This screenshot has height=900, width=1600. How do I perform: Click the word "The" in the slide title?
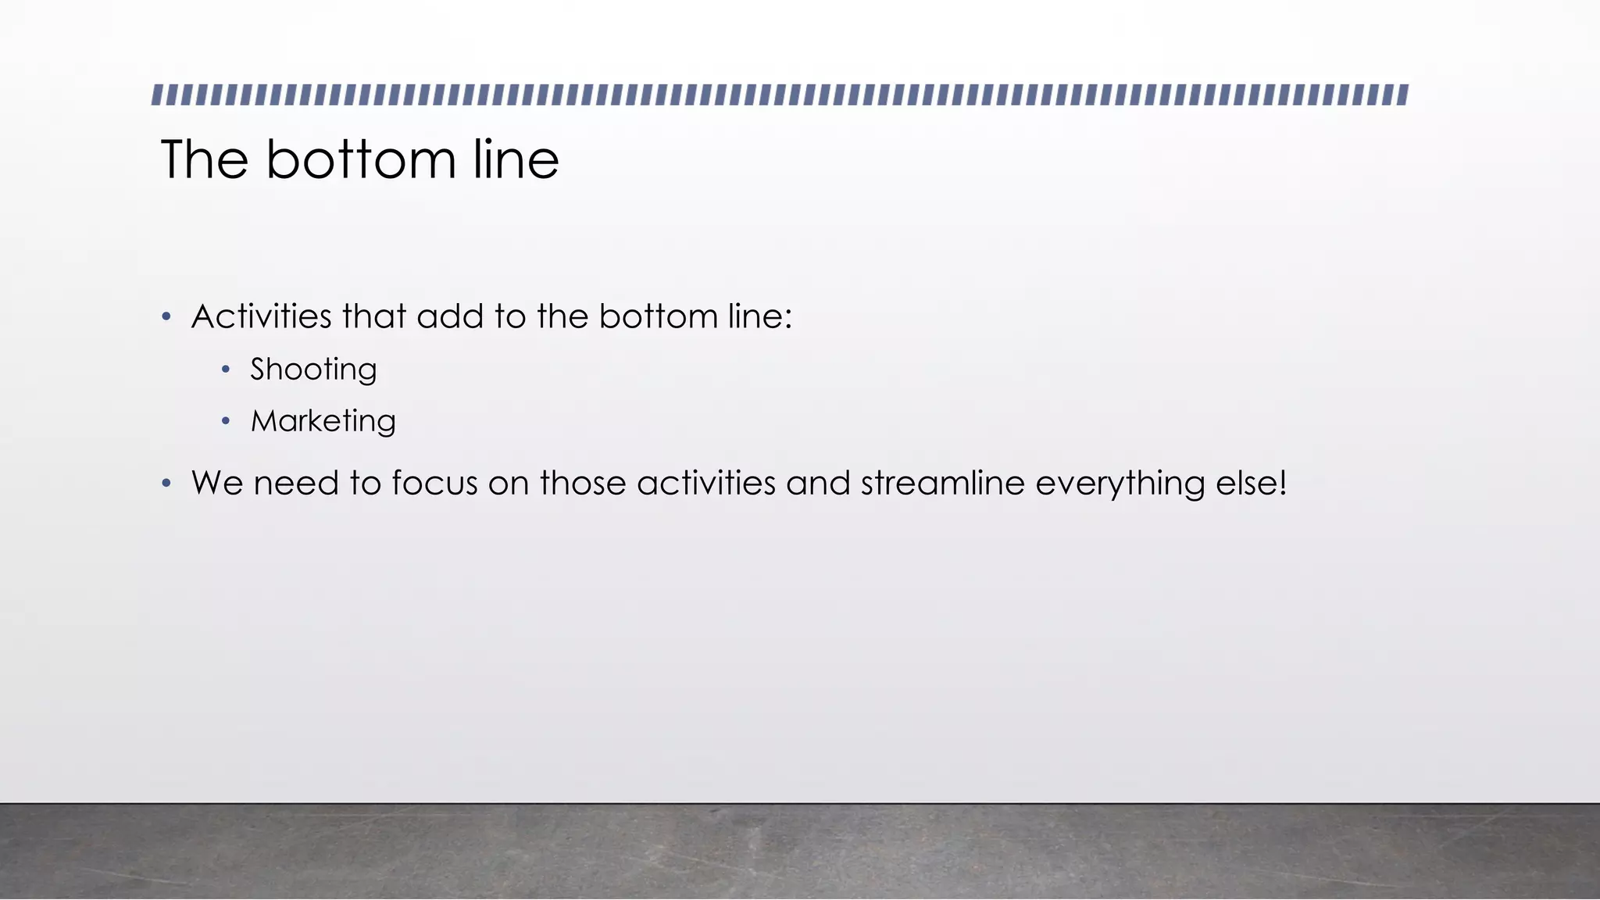(205, 159)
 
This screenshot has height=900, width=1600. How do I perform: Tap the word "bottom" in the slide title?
(361, 159)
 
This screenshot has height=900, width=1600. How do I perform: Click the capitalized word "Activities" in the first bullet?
(262, 317)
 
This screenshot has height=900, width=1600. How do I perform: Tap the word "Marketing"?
(323, 422)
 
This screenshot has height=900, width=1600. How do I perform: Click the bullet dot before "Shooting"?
(226, 370)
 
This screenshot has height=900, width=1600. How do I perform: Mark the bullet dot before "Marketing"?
(226, 422)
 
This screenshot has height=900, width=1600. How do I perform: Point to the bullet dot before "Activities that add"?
(166, 317)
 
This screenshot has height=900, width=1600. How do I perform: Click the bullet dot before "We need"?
(166, 484)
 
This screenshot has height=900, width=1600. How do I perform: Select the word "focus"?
(434, 484)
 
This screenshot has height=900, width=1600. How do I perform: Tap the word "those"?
(583, 484)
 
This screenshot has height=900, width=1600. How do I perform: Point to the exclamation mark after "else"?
(1283, 484)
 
